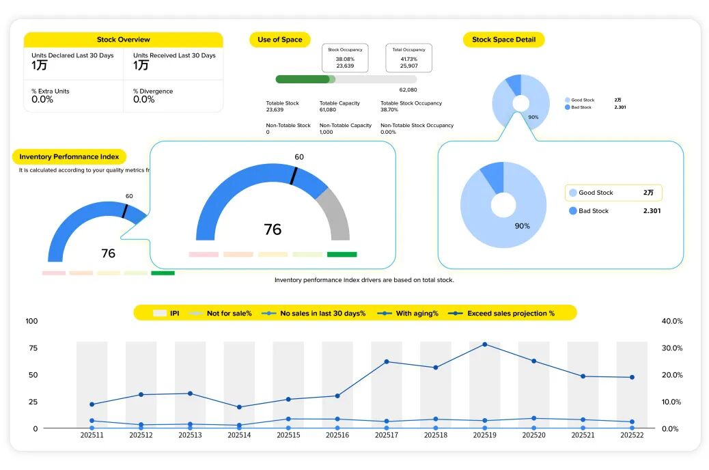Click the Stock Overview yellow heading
coord(124,40)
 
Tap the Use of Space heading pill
coord(280,40)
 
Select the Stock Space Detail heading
coord(503,40)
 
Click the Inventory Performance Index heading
coord(69,157)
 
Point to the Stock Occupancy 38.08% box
coord(345,58)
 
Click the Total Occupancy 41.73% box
coord(409,58)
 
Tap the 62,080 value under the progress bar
coord(408,89)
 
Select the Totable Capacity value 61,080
coord(328,110)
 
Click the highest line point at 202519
coord(484,344)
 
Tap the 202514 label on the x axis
coord(239,435)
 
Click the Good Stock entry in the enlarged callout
coord(596,193)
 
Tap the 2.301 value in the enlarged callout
coord(652,211)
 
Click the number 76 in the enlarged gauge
coord(273,230)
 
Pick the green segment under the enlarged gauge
coord(342,255)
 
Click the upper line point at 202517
coord(387,361)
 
